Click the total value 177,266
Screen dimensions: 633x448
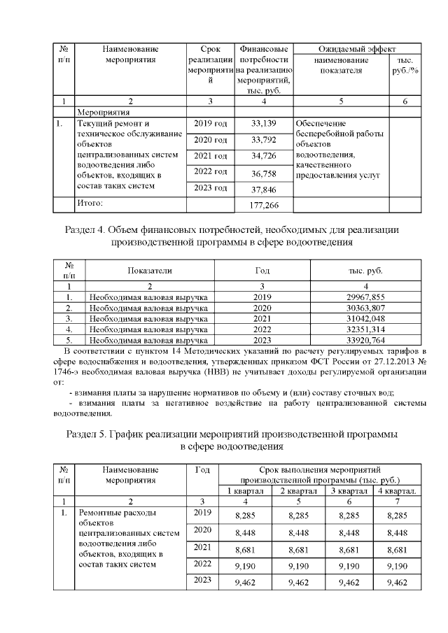[x=263, y=205]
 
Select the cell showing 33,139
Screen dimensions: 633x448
[x=263, y=124]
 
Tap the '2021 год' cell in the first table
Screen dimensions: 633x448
[x=210, y=155]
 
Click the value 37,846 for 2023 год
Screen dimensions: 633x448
[x=263, y=189]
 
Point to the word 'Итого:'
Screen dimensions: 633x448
[x=89, y=203]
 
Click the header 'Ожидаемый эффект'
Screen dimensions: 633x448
[x=357, y=50]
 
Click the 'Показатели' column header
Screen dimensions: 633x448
[x=149, y=270]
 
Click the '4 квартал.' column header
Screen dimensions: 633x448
[x=397, y=491]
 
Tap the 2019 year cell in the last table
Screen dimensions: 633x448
[x=202, y=513]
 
